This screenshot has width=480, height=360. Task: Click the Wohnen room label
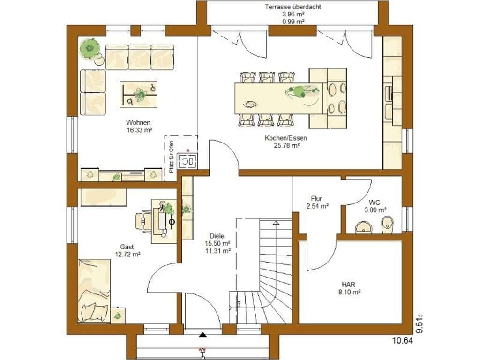point(138,123)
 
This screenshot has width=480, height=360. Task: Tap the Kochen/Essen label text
point(286,138)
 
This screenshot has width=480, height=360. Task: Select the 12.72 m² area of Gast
point(127,254)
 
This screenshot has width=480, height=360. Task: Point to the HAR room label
point(349,285)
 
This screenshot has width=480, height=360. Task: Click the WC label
point(375,202)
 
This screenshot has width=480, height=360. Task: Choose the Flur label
point(316,198)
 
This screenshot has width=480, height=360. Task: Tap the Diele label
point(217,236)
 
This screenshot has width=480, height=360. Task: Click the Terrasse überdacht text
point(293,7)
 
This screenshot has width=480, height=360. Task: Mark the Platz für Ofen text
point(172,157)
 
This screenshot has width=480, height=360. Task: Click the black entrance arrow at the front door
point(202,335)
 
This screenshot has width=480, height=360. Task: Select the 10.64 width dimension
point(403,340)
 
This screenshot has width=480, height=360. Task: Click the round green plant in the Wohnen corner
point(90,48)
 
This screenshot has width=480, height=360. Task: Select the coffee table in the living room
point(138,94)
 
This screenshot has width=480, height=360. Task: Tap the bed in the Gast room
point(94,291)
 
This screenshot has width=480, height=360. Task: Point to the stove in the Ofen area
point(187,162)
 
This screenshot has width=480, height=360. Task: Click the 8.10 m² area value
point(349,292)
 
